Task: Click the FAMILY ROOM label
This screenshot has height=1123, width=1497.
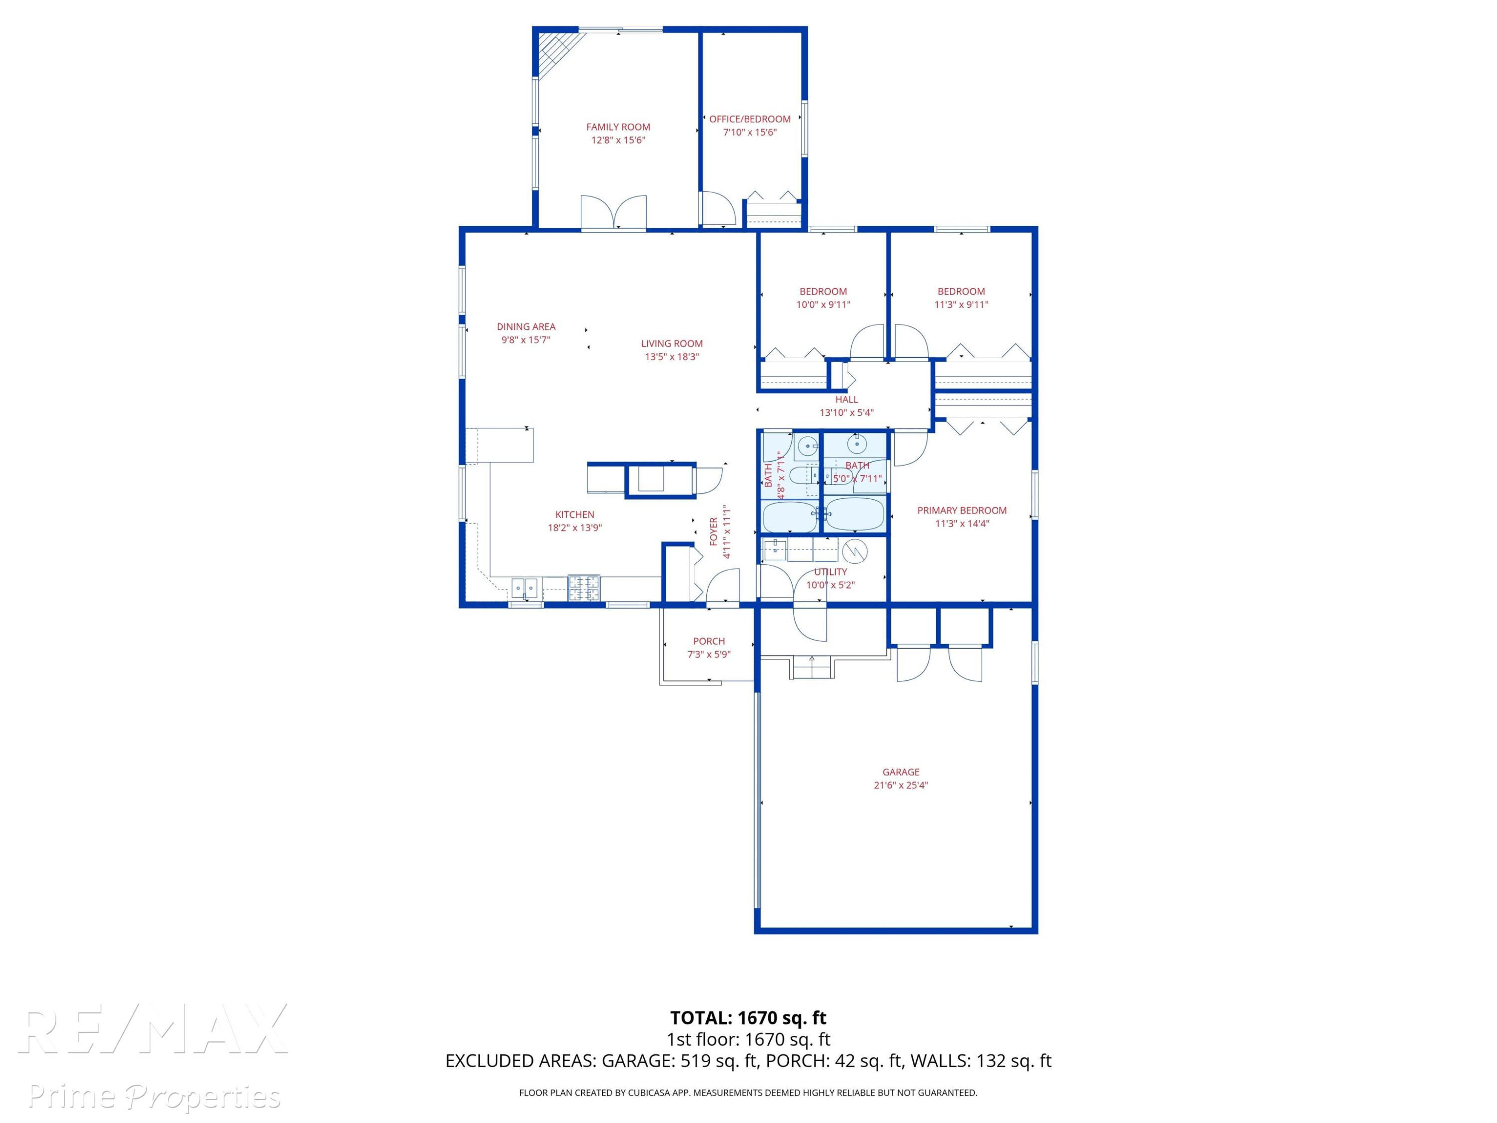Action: click(618, 127)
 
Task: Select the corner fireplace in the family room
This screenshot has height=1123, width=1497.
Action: click(559, 53)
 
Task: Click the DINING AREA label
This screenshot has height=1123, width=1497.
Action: click(526, 327)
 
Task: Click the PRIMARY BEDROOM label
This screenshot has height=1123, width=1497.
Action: click(962, 511)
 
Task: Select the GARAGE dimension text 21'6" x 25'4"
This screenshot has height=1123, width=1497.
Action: click(901, 785)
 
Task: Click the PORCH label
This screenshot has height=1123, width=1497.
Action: click(709, 641)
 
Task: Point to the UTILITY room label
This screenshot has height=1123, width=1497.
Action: click(830, 572)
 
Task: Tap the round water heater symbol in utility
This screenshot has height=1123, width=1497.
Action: click(855, 552)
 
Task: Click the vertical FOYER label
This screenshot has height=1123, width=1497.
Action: click(713, 532)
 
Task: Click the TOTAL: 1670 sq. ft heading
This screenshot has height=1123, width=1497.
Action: click(748, 1018)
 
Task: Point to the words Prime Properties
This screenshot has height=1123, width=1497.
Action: click(154, 1096)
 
